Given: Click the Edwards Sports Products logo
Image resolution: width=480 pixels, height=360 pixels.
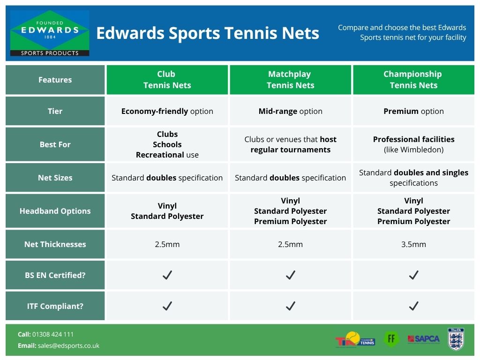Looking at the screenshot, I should click(50, 33).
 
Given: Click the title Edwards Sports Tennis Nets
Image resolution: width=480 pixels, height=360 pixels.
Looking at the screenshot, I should click(207, 33).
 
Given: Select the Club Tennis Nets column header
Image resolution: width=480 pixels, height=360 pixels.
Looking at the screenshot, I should click(167, 80).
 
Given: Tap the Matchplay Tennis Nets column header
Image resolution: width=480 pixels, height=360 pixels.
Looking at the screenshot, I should click(290, 80).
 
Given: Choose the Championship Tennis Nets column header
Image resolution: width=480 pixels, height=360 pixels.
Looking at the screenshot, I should click(413, 80).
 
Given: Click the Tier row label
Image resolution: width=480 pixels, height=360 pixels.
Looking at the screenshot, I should click(55, 111).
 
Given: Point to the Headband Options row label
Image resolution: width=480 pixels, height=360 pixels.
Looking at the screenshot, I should click(55, 211).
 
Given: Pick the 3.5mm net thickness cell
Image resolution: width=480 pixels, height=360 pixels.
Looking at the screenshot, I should click(413, 244).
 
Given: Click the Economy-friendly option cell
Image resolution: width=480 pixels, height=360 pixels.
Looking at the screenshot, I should click(167, 111).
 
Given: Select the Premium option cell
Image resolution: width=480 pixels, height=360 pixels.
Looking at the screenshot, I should click(413, 111).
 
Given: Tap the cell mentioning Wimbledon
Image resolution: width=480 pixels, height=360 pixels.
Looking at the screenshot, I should click(413, 144).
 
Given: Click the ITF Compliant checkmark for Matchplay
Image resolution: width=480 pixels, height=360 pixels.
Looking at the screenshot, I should click(290, 306).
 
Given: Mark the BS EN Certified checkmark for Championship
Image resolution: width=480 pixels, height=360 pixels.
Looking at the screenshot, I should click(413, 275).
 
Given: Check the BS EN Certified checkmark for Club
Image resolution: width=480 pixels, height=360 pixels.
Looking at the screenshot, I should click(167, 275).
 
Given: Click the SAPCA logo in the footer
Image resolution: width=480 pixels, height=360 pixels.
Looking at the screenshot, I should click(423, 339).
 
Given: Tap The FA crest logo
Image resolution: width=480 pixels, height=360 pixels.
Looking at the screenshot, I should click(456, 339).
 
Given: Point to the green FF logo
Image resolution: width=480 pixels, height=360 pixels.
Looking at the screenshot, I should click(391, 338).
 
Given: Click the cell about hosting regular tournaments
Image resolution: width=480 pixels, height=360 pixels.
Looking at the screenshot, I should click(290, 144).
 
